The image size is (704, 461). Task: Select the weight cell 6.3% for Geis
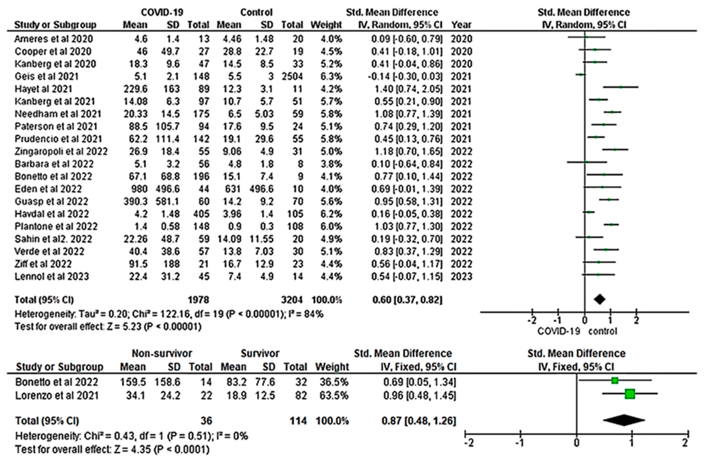click(326, 76)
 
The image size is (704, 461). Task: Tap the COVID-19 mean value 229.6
click(135, 89)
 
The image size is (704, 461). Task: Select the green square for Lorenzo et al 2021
click(630, 394)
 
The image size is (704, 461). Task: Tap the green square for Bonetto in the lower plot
click(615, 381)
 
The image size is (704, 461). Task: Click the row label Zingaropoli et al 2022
click(61, 151)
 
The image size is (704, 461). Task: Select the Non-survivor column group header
click(162, 353)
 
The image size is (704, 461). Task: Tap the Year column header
click(461, 25)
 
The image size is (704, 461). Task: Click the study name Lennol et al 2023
click(52, 276)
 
